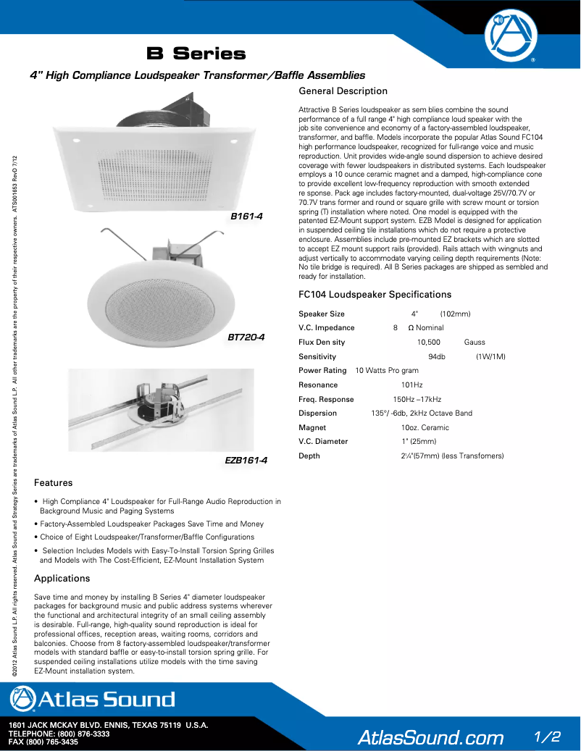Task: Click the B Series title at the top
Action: pyautogui.click(x=196, y=54)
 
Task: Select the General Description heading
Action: pyautogui.click(x=343, y=91)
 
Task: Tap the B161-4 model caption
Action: pyautogui.click(x=246, y=217)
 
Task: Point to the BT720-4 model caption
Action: pyautogui.click(x=246, y=337)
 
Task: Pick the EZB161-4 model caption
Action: pyautogui.click(x=246, y=460)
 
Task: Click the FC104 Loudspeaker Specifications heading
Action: pyautogui.click(x=375, y=295)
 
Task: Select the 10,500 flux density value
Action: pyautogui.click(x=428, y=342)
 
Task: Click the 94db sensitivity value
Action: pyautogui.click(x=437, y=356)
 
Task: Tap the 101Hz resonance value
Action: pyautogui.click(x=411, y=385)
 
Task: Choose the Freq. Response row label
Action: pyautogui.click(x=326, y=399)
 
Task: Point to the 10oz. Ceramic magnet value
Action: pyautogui.click(x=425, y=427)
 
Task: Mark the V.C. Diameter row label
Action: pyautogui.click(x=323, y=441)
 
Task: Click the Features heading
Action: pyautogui.click(x=53, y=483)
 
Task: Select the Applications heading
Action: pyautogui.click(x=62, y=579)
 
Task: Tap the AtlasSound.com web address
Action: pyautogui.click(x=430, y=737)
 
